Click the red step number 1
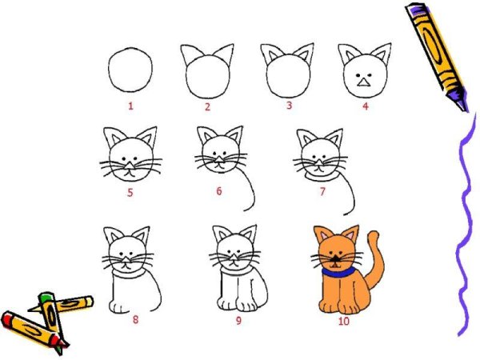130,104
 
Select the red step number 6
218,191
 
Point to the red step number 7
322,191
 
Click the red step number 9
238,320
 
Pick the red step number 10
344,320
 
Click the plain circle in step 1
130,70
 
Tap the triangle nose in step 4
363,80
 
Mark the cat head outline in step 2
207,71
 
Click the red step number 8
136,320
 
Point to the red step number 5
130,192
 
